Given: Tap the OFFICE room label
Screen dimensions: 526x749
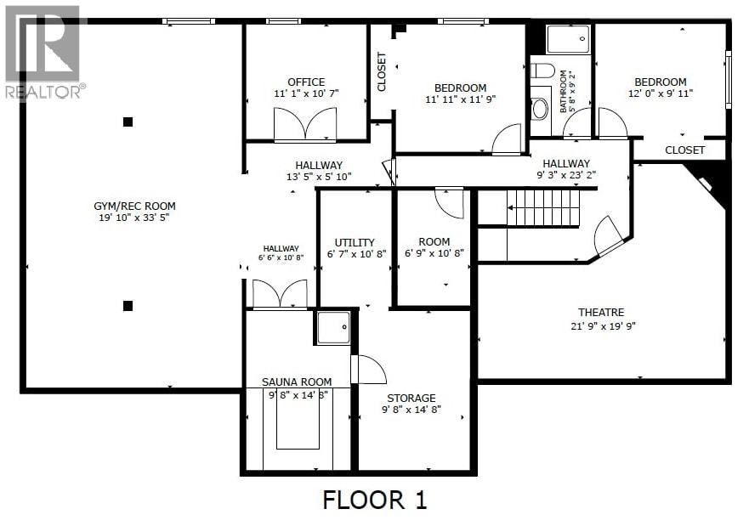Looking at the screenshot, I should [305, 82].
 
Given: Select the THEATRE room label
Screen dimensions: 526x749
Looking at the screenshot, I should [601, 313].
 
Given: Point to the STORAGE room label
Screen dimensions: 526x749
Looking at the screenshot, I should [411, 398].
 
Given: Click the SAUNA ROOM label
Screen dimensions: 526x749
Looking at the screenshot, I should [297, 382].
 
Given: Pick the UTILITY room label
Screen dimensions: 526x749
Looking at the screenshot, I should [355, 242].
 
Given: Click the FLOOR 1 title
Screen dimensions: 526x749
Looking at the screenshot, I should [374, 500].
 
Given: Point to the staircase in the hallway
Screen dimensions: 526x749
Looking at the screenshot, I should [542, 206].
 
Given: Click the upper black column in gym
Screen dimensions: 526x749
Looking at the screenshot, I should [128, 122].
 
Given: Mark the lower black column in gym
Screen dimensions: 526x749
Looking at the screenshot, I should [128, 306].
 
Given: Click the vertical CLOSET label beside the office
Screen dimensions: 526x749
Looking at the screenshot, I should [382, 72].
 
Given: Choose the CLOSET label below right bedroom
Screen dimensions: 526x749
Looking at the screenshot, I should [684, 150].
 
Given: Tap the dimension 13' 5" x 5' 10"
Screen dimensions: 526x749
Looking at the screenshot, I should [319, 178].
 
